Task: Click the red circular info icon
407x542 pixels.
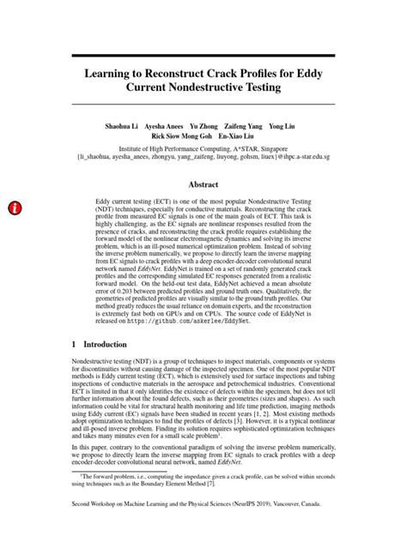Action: pyautogui.click(x=16, y=208)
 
